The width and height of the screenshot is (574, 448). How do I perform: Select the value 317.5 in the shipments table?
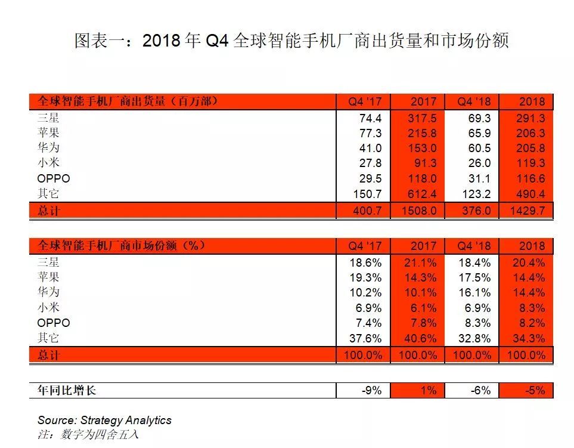click(421, 118)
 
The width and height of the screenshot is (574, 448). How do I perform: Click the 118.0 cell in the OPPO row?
click(421, 178)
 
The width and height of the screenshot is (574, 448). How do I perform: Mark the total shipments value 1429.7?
click(528, 210)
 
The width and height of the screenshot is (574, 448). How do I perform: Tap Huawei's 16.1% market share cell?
click(475, 292)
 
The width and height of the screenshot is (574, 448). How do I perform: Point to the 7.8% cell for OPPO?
click(421, 323)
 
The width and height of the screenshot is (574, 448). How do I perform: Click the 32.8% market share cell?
click(475, 338)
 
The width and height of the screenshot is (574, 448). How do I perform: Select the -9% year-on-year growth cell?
click(373, 390)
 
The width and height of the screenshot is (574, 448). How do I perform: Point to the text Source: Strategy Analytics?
click(104, 420)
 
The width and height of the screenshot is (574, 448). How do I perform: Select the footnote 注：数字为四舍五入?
click(88, 434)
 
